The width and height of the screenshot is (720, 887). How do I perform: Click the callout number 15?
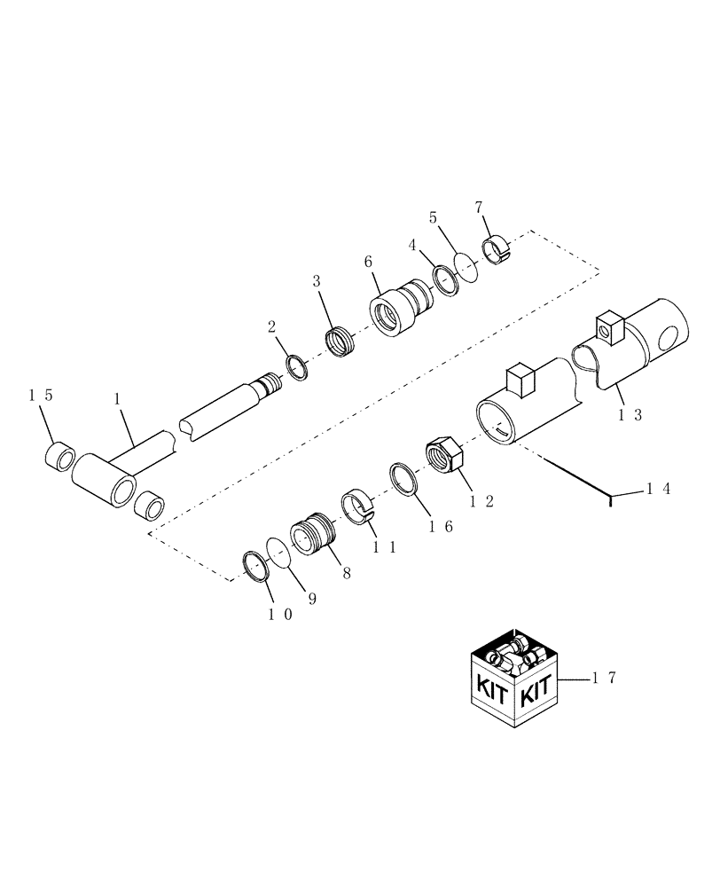[41, 396]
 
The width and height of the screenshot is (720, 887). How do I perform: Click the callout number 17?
[604, 679]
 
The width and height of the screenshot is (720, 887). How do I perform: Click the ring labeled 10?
[255, 566]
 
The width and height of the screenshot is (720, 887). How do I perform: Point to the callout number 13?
[631, 413]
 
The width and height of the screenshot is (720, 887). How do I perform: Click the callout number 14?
[657, 488]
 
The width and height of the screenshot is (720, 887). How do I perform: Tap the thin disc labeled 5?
[466, 266]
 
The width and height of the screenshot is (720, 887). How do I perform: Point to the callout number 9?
[312, 599]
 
